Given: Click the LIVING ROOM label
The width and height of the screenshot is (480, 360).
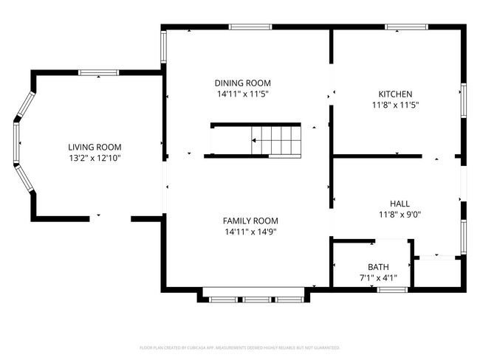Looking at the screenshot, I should pos(95,147).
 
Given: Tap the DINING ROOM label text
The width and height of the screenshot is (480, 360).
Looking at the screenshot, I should pos(242,83).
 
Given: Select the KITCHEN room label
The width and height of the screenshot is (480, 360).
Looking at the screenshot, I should pos(395,94).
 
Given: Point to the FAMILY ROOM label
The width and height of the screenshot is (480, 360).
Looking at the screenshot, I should pos(251,221).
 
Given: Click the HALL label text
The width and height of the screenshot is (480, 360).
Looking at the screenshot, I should pos(400,204).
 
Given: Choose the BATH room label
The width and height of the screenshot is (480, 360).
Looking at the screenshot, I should pos(378,266).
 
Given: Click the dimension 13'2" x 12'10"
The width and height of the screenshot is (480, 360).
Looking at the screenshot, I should pos(95,158).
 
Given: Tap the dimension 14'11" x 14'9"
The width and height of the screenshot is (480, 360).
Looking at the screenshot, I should pos(251,232).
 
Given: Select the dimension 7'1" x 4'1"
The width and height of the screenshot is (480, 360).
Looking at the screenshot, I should pos(378,278).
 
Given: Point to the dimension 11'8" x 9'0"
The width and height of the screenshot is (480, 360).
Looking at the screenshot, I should pos(400,215).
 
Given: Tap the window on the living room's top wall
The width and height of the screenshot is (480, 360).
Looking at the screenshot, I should pos(99,72).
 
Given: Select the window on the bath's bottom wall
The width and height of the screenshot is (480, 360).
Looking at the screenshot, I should pos(392,289).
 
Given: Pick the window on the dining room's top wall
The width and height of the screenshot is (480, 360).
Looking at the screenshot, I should pos(250,27).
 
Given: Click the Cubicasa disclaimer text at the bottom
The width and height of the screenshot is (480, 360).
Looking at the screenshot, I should pos(240,347).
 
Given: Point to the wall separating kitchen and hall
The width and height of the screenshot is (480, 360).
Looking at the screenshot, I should pos(377,156).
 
